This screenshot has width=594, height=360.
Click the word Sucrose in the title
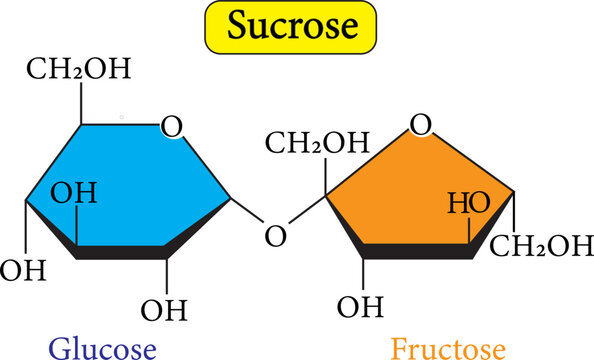[x=290, y=27]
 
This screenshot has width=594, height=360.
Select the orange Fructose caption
[x=448, y=348]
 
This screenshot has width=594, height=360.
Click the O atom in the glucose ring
[x=172, y=127]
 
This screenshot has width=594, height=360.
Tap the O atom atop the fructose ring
[x=421, y=125]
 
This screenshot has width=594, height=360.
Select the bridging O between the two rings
[x=276, y=236]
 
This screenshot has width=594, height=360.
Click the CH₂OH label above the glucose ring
[x=78, y=71]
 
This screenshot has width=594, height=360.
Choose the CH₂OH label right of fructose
[x=546, y=244]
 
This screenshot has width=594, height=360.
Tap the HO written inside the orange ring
[x=467, y=203]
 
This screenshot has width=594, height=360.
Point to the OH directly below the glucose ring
[x=164, y=309]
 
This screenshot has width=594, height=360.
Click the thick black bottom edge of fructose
[x=415, y=253]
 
